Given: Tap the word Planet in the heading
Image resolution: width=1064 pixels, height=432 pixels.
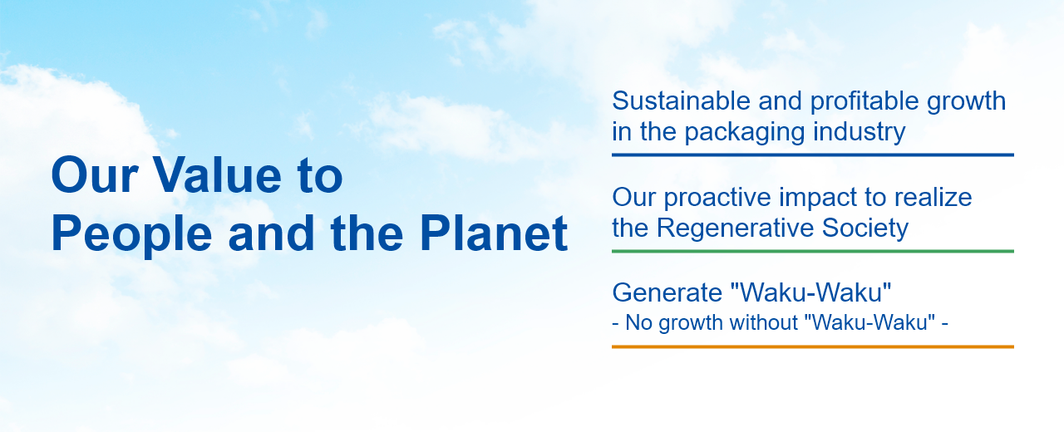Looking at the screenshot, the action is [x=494, y=233].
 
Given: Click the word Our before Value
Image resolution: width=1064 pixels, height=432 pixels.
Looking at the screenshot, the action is [x=95, y=175].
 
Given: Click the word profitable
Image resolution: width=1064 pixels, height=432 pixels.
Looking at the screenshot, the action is [x=864, y=101].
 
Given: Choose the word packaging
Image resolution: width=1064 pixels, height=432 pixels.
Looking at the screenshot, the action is [x=744, y=132].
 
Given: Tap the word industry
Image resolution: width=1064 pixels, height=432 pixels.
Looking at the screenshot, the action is [x=859, y=132].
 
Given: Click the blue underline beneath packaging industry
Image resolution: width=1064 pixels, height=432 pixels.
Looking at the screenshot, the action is [x=813, y=155].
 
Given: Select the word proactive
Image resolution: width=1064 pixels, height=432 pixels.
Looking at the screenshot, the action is [x=717, y=198].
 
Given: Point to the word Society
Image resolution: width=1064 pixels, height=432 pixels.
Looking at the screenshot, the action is [x=865, y=228].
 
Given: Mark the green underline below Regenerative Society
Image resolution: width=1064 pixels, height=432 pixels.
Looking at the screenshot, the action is [x=813, y=251].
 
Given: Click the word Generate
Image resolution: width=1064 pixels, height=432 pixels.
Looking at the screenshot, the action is [x=667, y=292].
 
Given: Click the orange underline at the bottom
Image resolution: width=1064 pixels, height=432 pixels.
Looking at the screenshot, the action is [x=813, y=346].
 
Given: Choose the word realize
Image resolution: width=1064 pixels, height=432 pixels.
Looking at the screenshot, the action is [x=933, y=198].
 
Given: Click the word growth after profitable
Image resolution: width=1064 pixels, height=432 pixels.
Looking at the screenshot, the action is [x=966, y=101].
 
